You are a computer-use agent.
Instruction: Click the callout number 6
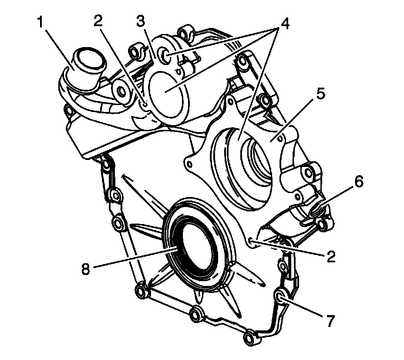tap(357, 182)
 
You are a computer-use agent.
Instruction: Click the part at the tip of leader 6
tap(316, 212)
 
